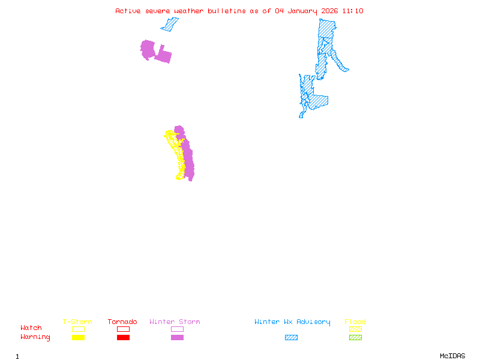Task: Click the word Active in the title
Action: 128,11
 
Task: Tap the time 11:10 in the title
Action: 353,11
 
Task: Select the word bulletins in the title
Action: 226,11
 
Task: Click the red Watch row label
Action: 31,328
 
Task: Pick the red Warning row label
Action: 35,337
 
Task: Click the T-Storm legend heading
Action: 77,322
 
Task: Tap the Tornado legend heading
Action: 122,322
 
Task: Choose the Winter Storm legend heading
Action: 175,322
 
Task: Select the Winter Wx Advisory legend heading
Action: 292,322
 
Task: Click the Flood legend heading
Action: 355,322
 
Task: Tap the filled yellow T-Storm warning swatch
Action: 78,337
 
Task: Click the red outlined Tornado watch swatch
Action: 123,329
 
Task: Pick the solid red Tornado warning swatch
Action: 123,337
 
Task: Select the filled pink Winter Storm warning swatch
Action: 177,337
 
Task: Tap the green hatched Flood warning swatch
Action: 355,337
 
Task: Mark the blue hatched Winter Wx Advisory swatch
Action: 291,337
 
